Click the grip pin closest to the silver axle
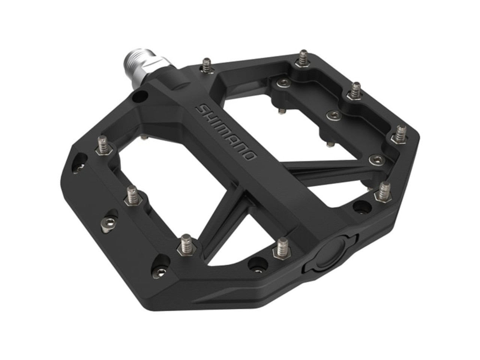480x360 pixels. pos(206,64)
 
